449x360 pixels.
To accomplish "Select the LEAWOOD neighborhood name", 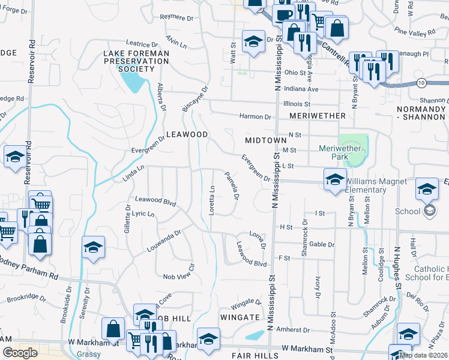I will pos(187,134).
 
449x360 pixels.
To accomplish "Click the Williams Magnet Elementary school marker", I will pos(335,179).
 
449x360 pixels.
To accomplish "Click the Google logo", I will pos(20,353).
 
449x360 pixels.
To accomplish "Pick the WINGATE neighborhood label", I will pos(239,317).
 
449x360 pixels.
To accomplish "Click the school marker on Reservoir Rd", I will pos(15,158).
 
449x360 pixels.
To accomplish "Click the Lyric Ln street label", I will pos(143,214).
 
